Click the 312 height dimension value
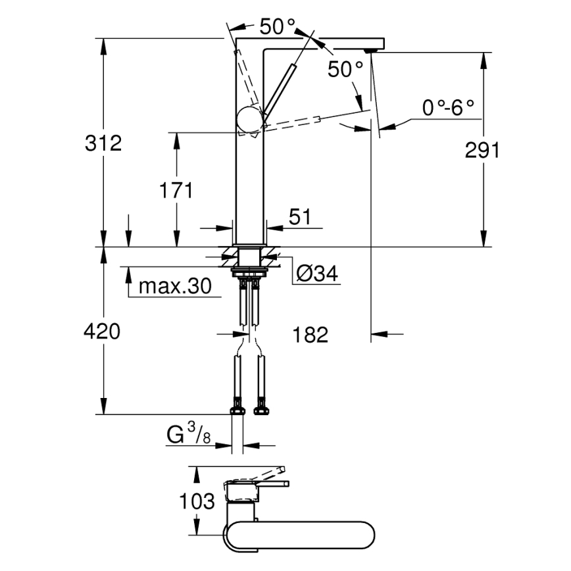[x=103, y=143]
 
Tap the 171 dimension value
[x=176, y=191]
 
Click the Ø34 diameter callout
[x=317, y=274]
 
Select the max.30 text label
[x=174, y=287]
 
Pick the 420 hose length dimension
[x=102, y=332]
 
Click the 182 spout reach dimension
[x=310, y=335]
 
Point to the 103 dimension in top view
[x=197, y=502]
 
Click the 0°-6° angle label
[x=448, y=108]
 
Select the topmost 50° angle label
[x=276, y=27]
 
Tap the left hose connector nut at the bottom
[x=236, y=411]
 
